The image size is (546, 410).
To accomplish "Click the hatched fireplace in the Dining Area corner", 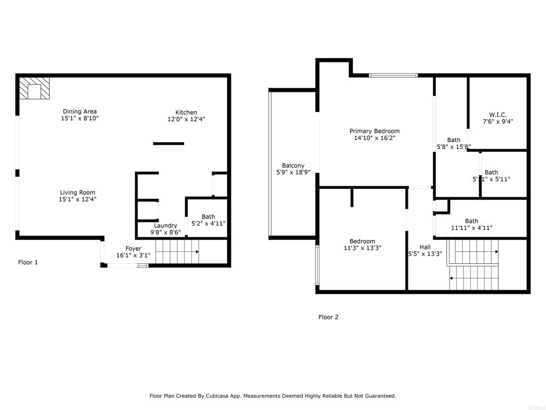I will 35,89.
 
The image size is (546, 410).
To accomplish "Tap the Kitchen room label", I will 186,112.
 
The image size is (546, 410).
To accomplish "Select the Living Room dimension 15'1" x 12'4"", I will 77,200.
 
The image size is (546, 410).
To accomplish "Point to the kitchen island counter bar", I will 168,143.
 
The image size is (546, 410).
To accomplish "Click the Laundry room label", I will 165,225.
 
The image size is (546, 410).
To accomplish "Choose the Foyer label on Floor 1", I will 133,249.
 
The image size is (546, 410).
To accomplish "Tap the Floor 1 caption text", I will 28,262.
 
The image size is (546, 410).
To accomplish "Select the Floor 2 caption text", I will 328,317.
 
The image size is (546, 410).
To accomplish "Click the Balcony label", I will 293,165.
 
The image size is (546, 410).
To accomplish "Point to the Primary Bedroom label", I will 374,131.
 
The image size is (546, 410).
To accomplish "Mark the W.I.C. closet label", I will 497,114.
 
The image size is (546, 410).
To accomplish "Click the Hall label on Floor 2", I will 425,247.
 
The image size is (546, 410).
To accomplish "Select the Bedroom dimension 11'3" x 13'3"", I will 362,248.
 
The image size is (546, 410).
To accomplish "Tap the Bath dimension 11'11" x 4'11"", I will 471,228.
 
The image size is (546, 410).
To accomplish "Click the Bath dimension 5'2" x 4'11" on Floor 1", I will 208,224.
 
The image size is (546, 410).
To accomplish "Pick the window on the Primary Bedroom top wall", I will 394,75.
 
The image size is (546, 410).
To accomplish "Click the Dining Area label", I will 80,112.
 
